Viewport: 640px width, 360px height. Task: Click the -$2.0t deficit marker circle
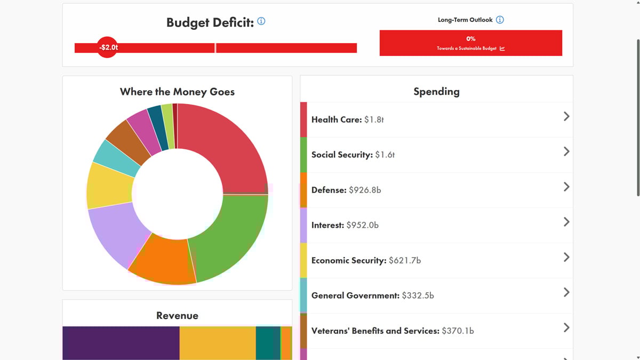pyautogui.click(x=107, y=47)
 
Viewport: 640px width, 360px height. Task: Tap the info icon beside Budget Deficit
pyautogui.click(x=261, y=21)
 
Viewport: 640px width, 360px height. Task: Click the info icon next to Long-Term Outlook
pyautogui.click(x=500, y=20)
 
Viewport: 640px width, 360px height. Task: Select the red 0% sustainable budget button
pyautogui.click(x=470, y=43)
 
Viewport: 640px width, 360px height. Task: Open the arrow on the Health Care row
pyautogui.click(x=566, y=116)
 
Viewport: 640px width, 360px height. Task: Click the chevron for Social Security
pyautogui.click(x=566, y=151)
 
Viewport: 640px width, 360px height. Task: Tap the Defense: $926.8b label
pyautogui.click(x=346, y=190)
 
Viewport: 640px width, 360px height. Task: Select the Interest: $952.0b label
pyautogui.click(x=345, y=225)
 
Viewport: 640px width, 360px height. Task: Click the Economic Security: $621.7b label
pyautogui.click(x=366, y=260)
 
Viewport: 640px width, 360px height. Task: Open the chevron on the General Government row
pyautogui.click(x=566, y=292)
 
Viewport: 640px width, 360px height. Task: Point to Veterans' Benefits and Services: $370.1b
pyautogui.click(x=393, y=331)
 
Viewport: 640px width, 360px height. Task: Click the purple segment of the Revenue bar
pyautogui.click(x=121, y=342)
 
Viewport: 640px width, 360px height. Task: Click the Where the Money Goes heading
pyautogui.click(x=177, y=92)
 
